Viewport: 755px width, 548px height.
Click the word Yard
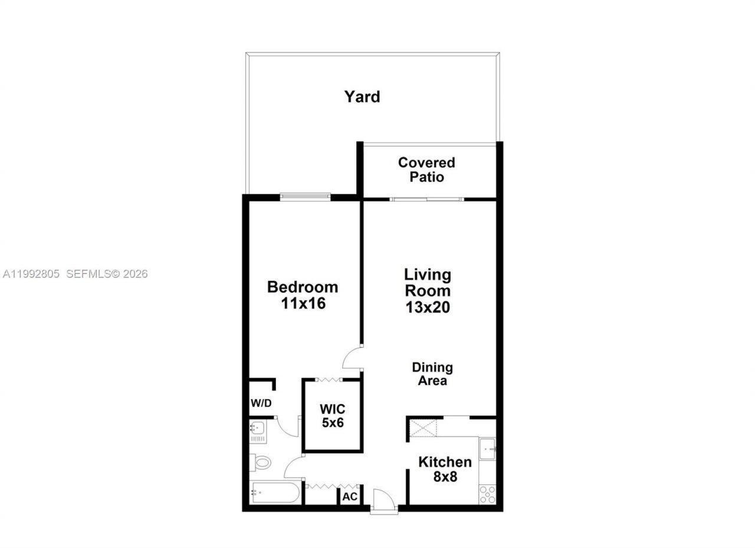click(362, 97)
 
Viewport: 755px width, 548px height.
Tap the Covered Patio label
click(426, 169)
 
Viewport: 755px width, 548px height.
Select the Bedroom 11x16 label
click(303, 295)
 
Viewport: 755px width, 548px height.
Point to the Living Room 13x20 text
click(428, 290)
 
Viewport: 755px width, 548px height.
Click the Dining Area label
click(432, 374)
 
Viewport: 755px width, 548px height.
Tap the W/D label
click(261, 404)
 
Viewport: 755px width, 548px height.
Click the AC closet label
click(350, 497)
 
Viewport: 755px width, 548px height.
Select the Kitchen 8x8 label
click(445, 469)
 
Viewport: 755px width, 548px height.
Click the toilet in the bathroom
click(260, 463)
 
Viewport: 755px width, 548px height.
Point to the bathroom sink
click(257, 429)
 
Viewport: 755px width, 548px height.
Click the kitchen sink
click(487, 449)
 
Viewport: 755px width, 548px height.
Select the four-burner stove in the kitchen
click(487, 494)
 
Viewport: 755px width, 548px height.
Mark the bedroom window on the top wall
click(305, 197)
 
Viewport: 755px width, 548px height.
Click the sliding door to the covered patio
click(427, 199)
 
